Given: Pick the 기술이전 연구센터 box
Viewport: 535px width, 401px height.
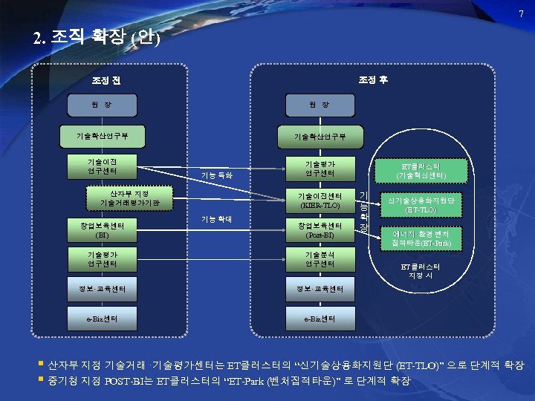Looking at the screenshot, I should [x=102, y=167].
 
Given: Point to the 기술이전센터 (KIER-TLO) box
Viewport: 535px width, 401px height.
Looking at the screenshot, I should [x=320, y=200].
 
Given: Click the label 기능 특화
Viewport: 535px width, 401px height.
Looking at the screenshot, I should [x=217, y=176].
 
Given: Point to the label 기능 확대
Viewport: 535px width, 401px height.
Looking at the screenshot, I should [x=217, y=219].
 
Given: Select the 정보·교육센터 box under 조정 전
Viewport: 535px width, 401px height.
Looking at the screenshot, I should [x=102, y=289].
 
